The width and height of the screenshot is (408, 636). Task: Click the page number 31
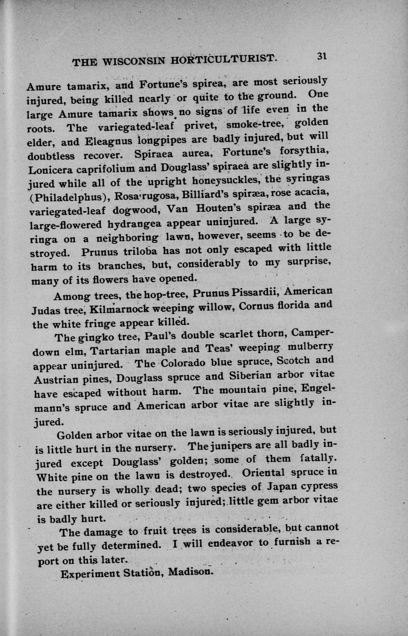pyautogui.click(x=321, y=56)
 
